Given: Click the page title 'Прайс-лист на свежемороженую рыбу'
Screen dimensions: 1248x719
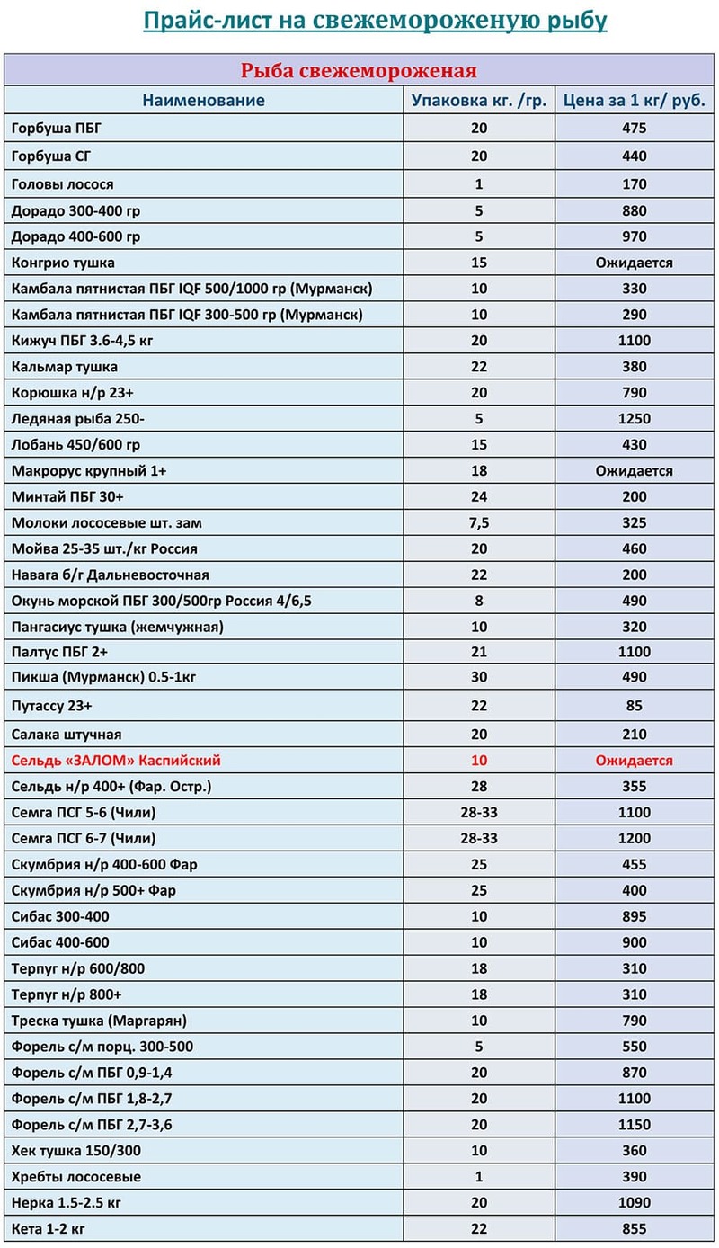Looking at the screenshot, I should pyautogui.click(x=375, y=21).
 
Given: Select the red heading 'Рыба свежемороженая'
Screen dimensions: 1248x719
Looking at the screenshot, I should pyautogui.click(x=357, y=71).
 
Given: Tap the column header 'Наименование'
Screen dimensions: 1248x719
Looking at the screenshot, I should pyautogui.click(x=203, y=100).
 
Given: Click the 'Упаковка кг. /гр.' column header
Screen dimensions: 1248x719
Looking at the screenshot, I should pyautogui.click(x=478, y=100).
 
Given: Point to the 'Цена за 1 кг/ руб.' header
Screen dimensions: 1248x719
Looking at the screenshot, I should pyautogui.click(x=634, y=100).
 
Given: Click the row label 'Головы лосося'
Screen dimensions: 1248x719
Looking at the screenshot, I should pyautogui.click(x=63, y=184).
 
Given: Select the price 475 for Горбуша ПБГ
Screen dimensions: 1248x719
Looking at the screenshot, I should pyautogui.click(x=634, y=129).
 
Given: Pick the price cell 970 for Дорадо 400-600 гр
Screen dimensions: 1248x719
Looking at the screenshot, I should pyautogui.click(x=634, y=237).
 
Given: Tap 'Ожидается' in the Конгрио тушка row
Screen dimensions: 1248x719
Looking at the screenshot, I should pyautogui.click(x=634, y=263).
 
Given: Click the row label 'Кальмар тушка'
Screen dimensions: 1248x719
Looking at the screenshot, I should pyautogui.click(x=65, y=367).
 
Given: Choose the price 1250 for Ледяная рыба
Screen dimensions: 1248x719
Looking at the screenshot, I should pyautogui.click(x=634, y=419).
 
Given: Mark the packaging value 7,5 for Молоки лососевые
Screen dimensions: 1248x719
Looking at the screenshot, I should pyautogui.click(x=478, y=522).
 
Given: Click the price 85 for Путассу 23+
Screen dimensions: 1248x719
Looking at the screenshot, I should pyautogui.click(x=634, y=706).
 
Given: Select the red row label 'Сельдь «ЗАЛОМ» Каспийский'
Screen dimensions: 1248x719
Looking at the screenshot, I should pyautogui.click(x=116, y=761).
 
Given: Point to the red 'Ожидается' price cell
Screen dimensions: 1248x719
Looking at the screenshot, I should pyautogui.click(x=634, y=761).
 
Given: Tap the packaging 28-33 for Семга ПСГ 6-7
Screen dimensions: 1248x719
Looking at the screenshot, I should pyautogui.click(x=478, y=839).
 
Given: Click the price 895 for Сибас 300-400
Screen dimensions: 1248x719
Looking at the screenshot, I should pyautogui.click(x=634, y=917).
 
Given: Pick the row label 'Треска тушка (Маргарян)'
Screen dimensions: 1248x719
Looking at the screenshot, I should pyautogui.click(x=100, y=1021).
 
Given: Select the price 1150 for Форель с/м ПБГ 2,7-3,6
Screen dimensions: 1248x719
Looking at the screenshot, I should pyautogui.click(x=634, y=1125).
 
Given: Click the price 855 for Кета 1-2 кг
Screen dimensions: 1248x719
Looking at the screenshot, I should pyautogui.click(x=634, y=1228).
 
